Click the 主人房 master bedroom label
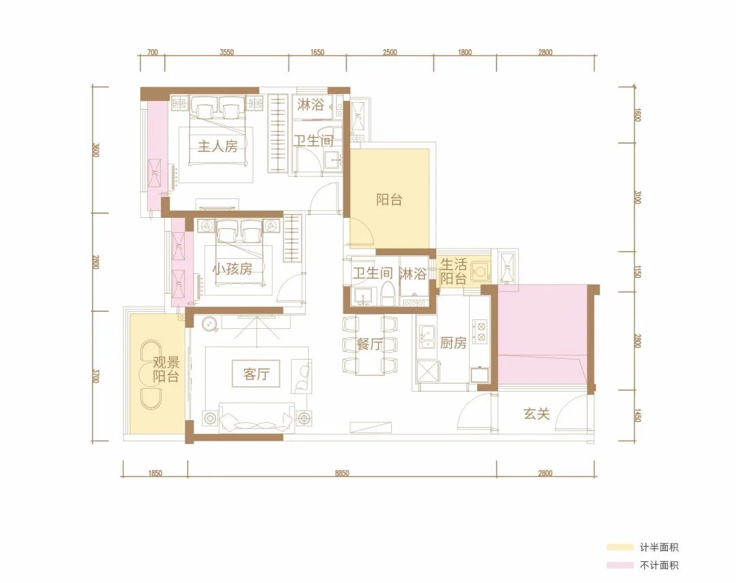click(217, 146)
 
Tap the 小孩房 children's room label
click(232, 269)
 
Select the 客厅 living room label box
click(256, 374)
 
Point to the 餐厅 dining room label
click(370, 344)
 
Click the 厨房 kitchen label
click(453, 343)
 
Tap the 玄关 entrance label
click(536, 413)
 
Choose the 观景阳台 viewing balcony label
click(166, 370)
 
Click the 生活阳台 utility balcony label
click(453, 271)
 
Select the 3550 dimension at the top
click(227, 52)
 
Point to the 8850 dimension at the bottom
click(342, 474)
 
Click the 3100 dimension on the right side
click(637, 197)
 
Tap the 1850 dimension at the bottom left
click(155, 474)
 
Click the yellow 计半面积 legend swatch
click(619, 548)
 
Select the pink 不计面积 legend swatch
click(619, 565)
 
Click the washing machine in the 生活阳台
click(480, 272)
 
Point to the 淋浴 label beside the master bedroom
click(310, 104)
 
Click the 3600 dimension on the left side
click(96, 150)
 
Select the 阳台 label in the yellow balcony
click(389, 200)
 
